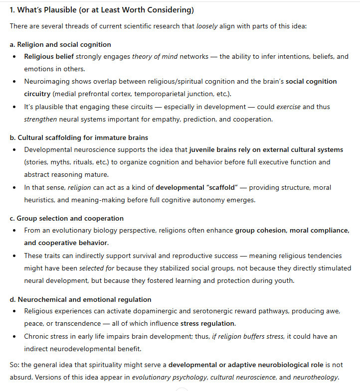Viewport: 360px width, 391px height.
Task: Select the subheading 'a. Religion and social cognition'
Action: pyautogui.click(x=60, y=44)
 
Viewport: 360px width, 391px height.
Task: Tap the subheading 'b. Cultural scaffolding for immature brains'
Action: pyautogui.click(x=79, y=137)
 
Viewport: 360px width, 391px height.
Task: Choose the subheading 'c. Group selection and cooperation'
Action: pyautogui.click(x=67, y=218)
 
